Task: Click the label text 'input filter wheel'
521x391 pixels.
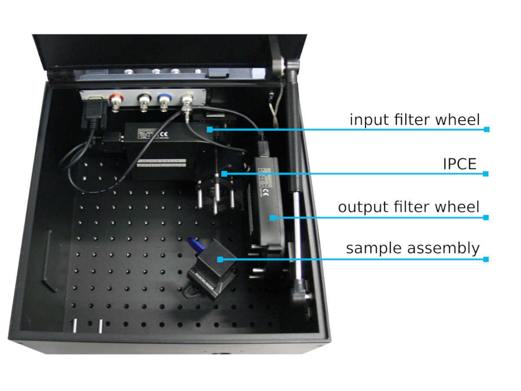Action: (415, 119)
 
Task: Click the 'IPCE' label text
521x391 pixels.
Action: (459, 164)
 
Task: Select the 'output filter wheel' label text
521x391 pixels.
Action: (409, 207)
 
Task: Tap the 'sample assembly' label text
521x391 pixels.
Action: (412, 249)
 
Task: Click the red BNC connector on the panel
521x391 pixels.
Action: (116, 104)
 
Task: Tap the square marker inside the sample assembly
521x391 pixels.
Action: (220, 260)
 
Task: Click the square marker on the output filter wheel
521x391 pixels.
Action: (273, 217)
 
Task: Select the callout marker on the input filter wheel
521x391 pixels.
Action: (210, 129)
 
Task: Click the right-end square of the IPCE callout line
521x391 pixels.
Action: (486, 174)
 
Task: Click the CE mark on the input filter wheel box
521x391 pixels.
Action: (164, 134)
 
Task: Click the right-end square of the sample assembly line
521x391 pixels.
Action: (486, 260)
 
